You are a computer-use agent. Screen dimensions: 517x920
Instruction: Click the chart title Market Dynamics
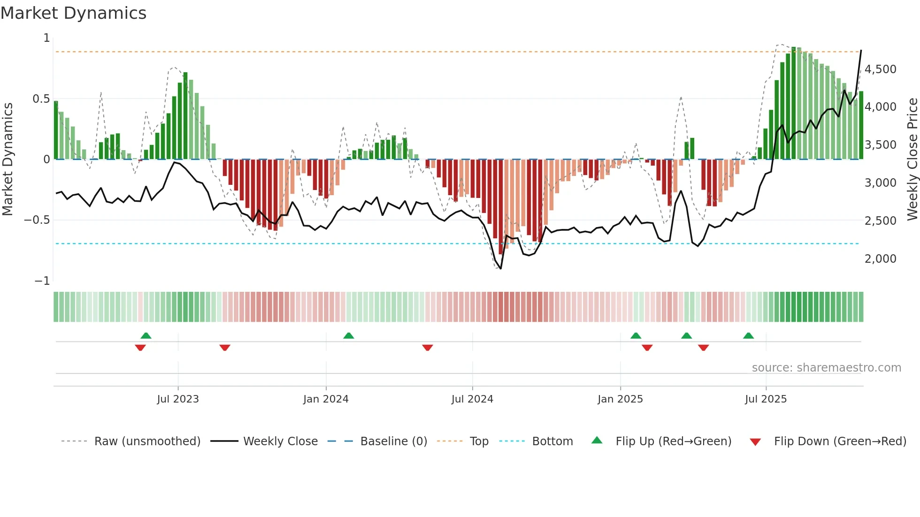point(74,13)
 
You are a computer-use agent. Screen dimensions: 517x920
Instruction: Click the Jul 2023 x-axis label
point(178,399)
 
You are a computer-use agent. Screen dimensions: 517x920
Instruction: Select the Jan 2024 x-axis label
point(326,399)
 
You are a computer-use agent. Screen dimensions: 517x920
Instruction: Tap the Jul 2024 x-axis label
point(472,399)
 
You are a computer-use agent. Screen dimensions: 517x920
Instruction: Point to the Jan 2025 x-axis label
point(620,399)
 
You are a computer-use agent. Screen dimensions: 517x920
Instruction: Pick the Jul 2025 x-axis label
point(766,399)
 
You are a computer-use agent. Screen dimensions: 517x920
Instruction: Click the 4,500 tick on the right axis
point(880,69)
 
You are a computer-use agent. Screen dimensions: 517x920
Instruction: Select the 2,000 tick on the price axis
point(880,259)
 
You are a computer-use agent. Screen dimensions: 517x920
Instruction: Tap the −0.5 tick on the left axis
point(37,220)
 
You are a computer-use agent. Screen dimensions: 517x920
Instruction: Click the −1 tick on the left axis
point(42,281)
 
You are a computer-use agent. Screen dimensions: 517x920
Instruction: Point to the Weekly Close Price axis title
point(912,159)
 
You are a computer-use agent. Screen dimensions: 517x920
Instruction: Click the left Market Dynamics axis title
point(8,159)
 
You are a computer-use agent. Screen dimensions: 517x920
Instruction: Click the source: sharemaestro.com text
point(826,368)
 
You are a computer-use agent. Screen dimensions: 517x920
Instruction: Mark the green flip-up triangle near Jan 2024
point(348,336)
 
